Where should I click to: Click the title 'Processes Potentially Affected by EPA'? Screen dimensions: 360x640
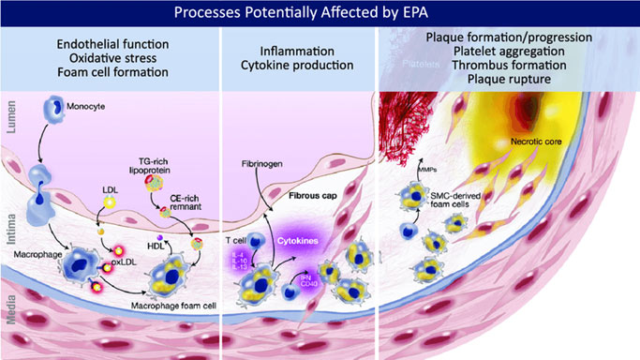click(x=320, y=12)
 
